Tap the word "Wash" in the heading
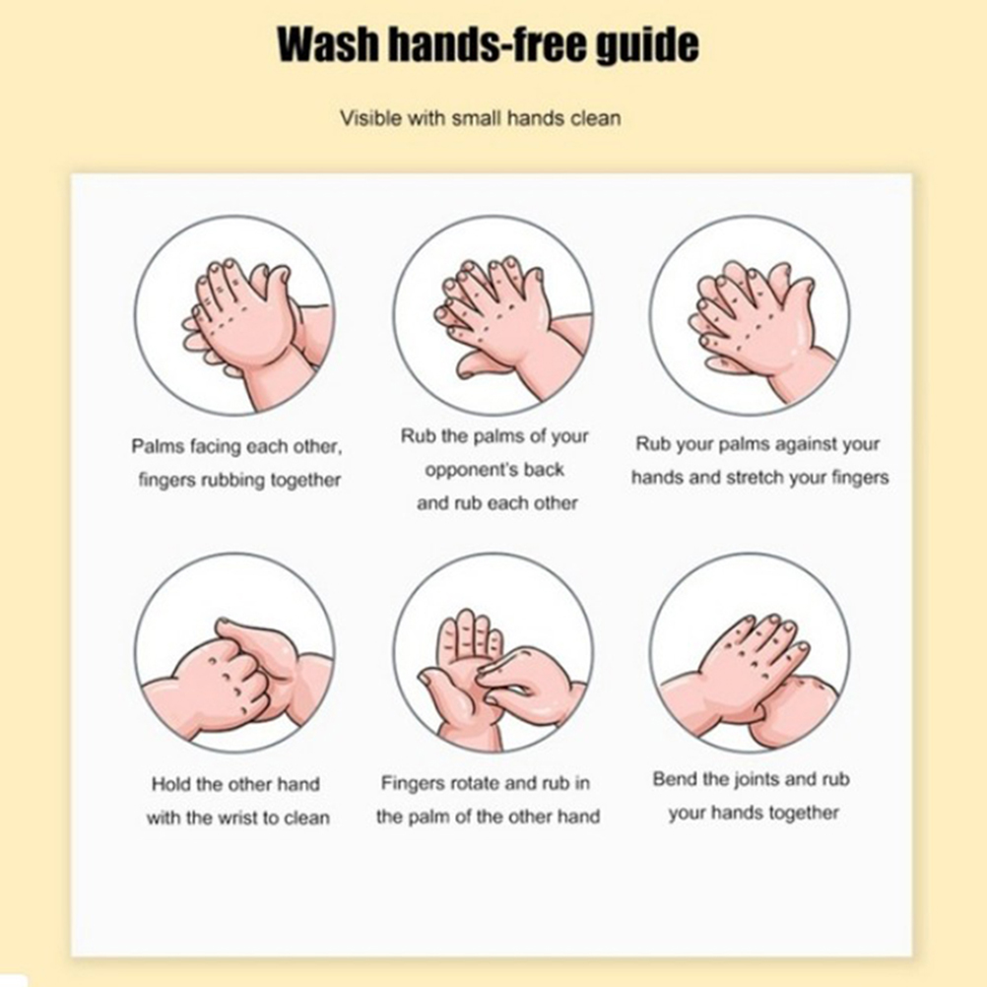(328, 44)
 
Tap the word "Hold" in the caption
(171, 784)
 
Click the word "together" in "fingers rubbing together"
(305, 481)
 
